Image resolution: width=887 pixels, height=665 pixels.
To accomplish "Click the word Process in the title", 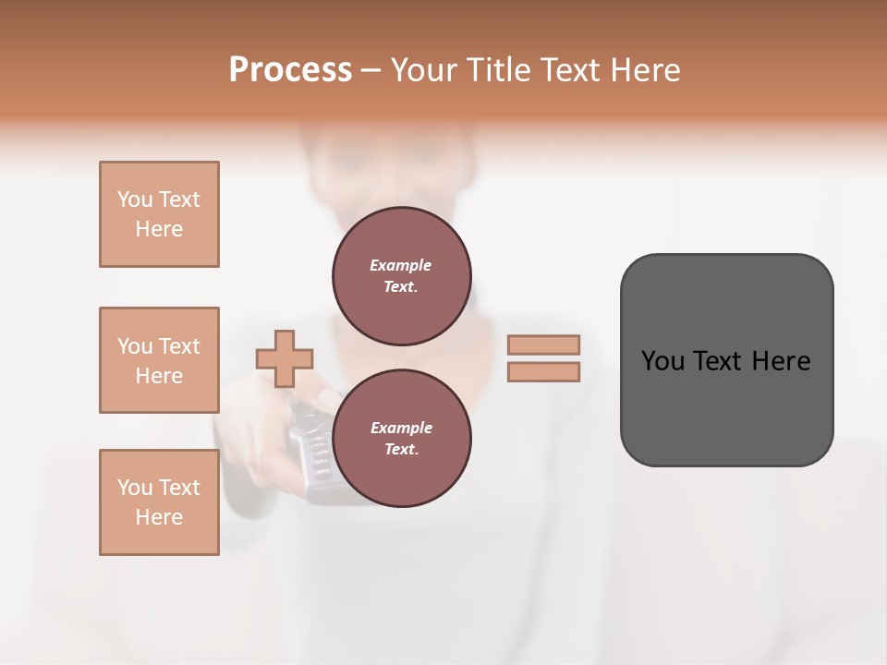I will [290, 70].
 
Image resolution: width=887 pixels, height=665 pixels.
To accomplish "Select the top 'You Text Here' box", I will [159, 214].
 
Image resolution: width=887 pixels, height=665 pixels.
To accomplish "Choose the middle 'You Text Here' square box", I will [159, 360].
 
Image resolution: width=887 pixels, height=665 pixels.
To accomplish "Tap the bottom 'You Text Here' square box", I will [159, 502].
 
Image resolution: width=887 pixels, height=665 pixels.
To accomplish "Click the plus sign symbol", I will [285, 358].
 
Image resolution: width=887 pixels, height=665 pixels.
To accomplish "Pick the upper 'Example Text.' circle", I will [401, 276].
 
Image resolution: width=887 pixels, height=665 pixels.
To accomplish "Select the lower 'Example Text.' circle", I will [401, 439].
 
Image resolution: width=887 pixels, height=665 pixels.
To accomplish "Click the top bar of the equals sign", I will [543, 345].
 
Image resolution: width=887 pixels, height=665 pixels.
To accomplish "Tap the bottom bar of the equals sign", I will [543, 372].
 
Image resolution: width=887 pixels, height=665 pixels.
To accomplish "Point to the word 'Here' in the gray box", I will [782, 361].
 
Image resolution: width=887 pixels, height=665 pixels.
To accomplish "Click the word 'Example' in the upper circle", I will [401, 265].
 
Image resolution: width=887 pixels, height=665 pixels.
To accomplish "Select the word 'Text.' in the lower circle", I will [401, 450].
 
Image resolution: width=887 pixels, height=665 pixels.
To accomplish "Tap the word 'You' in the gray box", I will [662, 361].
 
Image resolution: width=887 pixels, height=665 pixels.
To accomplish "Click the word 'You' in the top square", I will [135, 199].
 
